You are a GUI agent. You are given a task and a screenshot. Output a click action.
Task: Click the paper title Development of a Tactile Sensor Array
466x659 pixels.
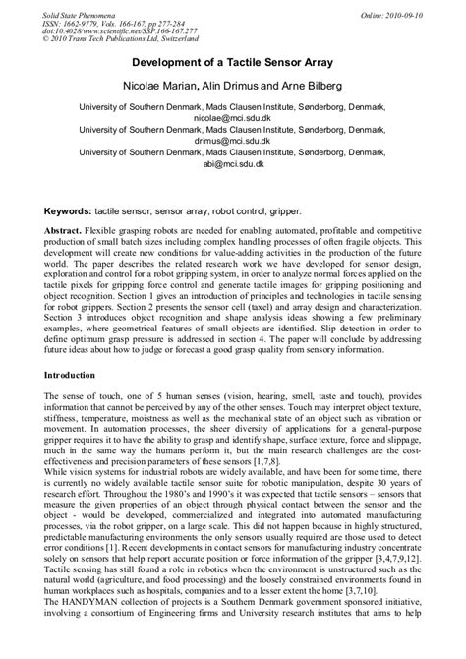pyautogui.click(x=232, y=60)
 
